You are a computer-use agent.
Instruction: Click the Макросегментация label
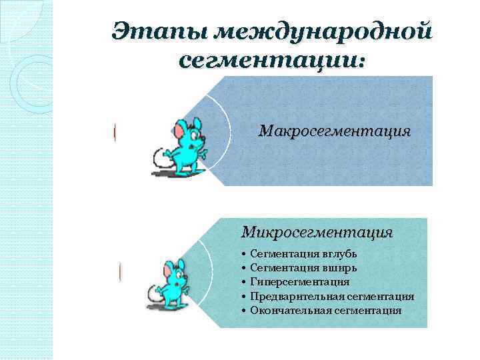pos(335,131)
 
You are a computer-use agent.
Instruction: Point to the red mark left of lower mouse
pos(120,271)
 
